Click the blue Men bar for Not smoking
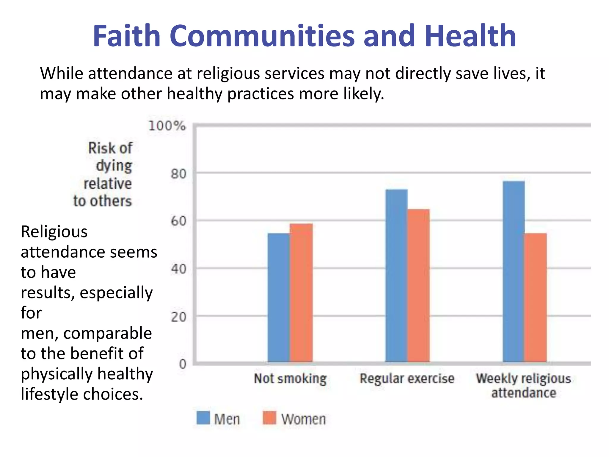(278, 298)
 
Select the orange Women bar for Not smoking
(301, 293)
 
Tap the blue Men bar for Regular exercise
(396, 275)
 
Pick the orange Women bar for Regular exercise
(418, 286)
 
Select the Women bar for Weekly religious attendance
(536, 298)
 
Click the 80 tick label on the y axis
(178, 174)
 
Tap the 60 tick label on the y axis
(178, 221)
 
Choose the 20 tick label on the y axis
(178, 317)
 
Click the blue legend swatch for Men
(203, 418)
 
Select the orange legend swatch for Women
(269, 418)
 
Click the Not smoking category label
(290, 379)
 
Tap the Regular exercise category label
(407, 379)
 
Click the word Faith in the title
(127, 36)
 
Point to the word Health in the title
(470, 36)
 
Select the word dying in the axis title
(114, 166)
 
